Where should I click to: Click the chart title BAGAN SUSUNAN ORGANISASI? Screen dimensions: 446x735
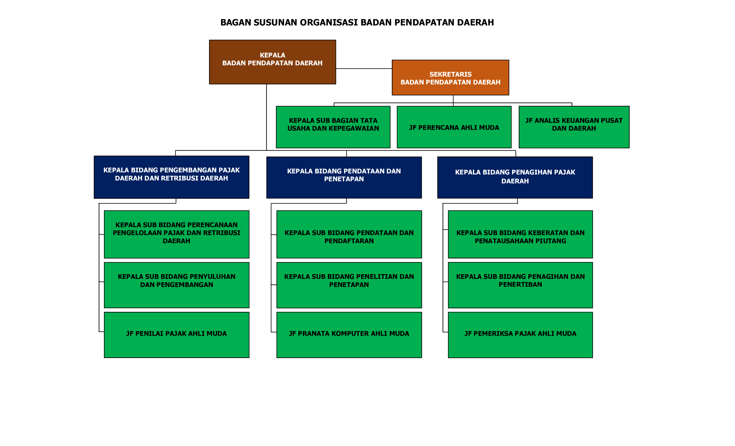357,22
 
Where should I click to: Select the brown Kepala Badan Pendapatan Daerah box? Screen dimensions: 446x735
272,62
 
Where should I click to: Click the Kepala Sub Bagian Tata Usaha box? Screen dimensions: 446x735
333,127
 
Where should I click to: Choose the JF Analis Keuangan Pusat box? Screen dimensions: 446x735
574,127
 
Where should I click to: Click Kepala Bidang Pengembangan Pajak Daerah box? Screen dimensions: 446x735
171,177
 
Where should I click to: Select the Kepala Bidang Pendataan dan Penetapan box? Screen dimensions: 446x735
344,177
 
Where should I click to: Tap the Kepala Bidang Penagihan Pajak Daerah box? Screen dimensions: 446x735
515,177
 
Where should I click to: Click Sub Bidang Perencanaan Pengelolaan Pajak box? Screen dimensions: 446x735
176,234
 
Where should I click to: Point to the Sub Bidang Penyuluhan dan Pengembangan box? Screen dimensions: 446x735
176,285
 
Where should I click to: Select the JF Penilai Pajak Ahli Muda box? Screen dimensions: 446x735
176,335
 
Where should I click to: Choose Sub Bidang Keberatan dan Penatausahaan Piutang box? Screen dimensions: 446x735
520,234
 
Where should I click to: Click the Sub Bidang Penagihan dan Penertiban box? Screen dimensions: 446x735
520,285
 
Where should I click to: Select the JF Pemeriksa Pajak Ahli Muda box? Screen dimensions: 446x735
520,335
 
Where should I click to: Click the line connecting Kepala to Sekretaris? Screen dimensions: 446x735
364,68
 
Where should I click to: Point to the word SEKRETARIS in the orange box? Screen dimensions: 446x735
450,74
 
